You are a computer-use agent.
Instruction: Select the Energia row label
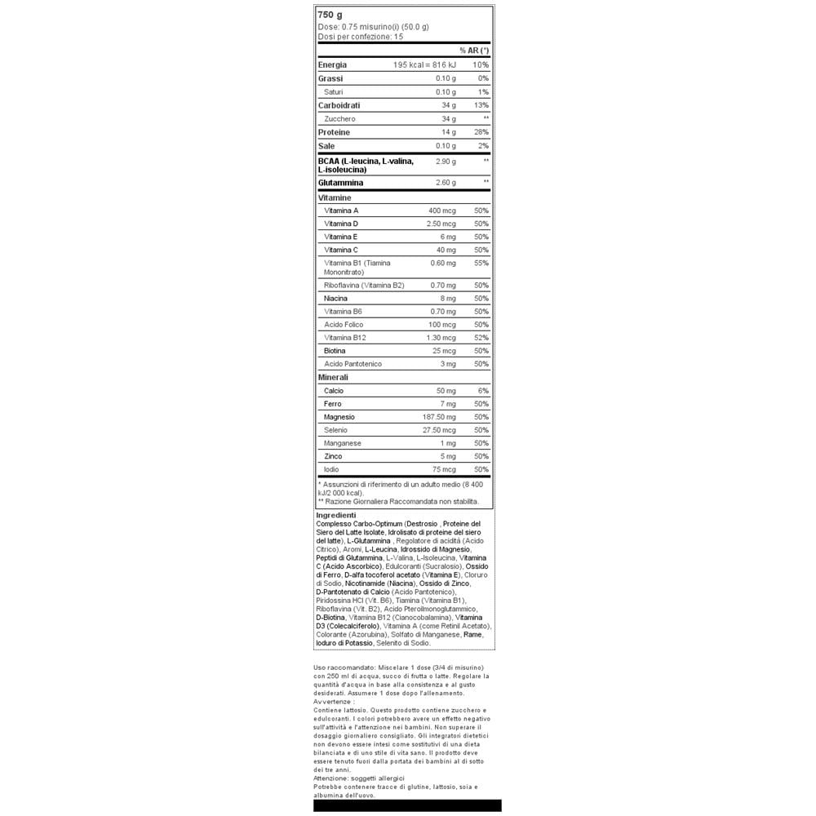pos(332,64)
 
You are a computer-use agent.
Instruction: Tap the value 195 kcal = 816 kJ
pos(424,64)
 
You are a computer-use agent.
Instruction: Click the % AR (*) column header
pos(474,51)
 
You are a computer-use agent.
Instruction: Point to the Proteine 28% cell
pos(481,132)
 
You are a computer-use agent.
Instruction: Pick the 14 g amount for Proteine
pos(449,132)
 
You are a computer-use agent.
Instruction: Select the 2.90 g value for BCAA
pos(446,162)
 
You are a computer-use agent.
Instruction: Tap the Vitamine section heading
pos(335,198)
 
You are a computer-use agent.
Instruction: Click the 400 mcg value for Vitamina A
pos(442,211)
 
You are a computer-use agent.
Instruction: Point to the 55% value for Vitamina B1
pos(481,263)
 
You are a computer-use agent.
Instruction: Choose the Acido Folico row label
pos(344,325)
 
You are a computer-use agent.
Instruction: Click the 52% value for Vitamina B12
pos(481,338)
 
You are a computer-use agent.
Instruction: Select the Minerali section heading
pos(333,378)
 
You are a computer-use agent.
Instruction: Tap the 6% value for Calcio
pos(483,391)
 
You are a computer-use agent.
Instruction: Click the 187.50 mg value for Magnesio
pos(435,417)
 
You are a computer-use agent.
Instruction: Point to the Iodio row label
pos(331,469)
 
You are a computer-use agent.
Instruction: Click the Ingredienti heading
pos(335,515)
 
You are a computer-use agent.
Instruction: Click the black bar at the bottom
pos(407,805)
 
